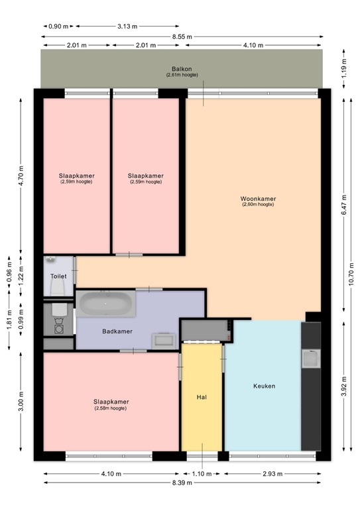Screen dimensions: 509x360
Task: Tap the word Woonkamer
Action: (x=258, y=199)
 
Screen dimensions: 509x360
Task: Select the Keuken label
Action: (x=264, y=386)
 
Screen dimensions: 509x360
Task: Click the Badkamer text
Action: (x=117, y=331)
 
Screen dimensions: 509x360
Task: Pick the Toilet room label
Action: (x=58, y=276)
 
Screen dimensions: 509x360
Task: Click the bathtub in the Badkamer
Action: (x=106, y=304)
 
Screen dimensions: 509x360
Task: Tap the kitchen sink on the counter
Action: (x=310, y=359)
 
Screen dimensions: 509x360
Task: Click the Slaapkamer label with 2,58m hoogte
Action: (x=111, y=402)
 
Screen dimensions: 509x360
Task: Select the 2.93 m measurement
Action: (x=272, y=474)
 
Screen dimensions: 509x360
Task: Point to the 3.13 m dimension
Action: (x=127, y=27)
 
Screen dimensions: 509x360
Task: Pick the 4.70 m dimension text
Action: (x=20, y=175)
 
